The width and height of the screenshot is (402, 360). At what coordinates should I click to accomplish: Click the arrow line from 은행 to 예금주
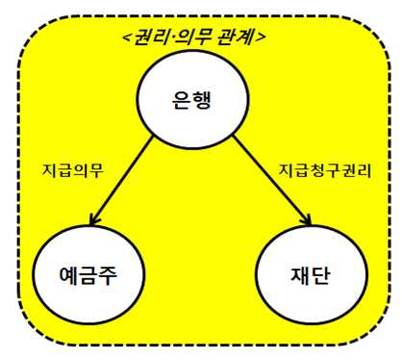point(121,180)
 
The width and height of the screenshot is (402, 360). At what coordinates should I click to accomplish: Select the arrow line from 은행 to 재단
point(272,180)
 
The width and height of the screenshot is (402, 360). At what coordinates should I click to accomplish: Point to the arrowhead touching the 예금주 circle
point(93,220)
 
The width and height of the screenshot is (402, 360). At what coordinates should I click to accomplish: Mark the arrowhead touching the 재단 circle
point(307,220)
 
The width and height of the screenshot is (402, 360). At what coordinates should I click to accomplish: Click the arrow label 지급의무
point(73,170)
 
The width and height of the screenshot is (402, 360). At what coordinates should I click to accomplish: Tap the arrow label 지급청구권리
point(325,170)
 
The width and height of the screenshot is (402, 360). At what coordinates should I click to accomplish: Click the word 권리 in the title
point(151,37)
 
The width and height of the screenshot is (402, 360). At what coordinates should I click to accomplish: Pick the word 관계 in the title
point(236,37)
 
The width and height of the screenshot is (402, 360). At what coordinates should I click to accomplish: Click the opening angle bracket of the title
point(127,38)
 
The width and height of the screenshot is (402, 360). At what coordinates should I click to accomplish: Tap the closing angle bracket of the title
point(261,38)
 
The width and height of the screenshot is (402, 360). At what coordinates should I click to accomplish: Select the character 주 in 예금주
point(108,275)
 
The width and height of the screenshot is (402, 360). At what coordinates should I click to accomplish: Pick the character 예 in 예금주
point(69,275)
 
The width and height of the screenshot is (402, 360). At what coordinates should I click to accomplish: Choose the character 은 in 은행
point(182,100)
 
